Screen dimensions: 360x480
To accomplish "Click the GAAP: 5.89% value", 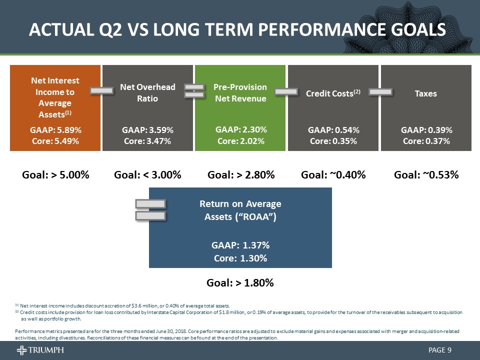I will [x=55, y=130].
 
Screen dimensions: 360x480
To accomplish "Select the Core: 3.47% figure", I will [x=147, y=141].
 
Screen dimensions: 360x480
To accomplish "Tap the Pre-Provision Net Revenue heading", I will [x=240, y=93].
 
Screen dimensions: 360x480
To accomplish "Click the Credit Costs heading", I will [x=333, y=93].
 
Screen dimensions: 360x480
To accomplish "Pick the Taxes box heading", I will [x=426, y=93].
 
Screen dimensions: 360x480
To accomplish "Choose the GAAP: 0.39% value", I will [x=426, y=130].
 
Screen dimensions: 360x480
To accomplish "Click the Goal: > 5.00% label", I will [x=55, y=175].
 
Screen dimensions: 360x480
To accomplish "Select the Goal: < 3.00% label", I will [x=147, y=175].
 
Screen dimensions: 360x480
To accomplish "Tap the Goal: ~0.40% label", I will [x=333, y=175].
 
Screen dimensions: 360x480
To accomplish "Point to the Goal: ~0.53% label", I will [x=426, y=175].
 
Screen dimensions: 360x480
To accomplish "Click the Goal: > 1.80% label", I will [x=240, y=283].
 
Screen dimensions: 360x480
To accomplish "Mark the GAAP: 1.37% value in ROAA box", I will [x=240, y=245].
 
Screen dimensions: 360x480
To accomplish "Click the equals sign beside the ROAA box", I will [x=150, y=209].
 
